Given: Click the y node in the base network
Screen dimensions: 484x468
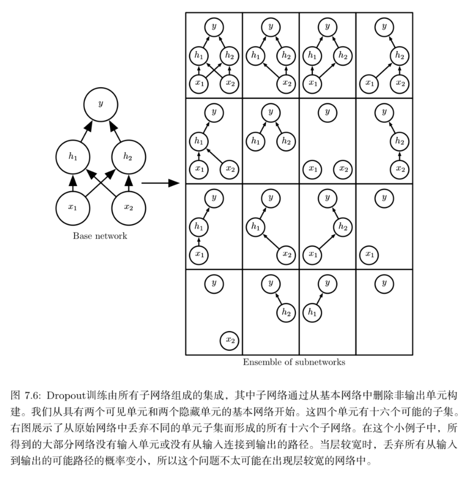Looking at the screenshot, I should (x=101, y=105).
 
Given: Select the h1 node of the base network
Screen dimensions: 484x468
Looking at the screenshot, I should (x=73, y=157).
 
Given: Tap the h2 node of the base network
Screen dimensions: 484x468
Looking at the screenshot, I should (x=128, y=157).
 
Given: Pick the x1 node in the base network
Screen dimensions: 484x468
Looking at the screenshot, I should (x=73, y=208).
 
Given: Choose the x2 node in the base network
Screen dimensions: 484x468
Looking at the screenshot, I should (x=128, y=208).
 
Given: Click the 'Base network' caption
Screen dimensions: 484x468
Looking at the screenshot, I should (x=100, y=236).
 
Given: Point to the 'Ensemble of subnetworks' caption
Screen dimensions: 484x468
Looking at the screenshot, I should (x=294, y=362).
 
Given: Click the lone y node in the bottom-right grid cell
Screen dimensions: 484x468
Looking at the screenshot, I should (x=384, y=284).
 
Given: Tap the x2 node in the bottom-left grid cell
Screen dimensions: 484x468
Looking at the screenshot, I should (x=230, y=340).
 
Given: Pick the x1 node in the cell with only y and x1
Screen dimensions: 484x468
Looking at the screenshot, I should (x=369, y=254).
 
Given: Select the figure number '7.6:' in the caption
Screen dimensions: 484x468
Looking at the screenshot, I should (x=35, y=396).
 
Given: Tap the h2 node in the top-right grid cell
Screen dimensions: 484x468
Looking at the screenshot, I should (x=400, y=56).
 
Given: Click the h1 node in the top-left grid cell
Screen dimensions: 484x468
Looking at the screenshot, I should (x=199, y=56).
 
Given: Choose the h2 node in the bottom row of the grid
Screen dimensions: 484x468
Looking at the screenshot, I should (x=286, y=312).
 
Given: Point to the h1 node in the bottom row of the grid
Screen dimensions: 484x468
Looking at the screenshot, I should (x=312, y=312).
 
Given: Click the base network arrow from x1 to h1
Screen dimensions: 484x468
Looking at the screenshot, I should (x=73, y=182).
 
